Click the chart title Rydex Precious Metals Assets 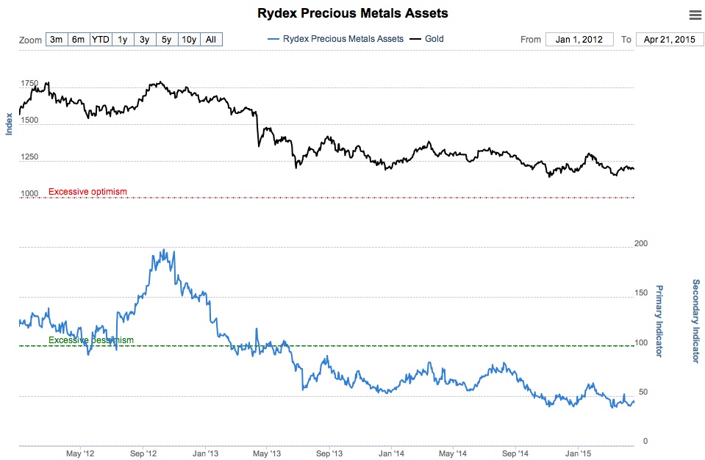352,13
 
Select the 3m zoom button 56,40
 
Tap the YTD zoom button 101,40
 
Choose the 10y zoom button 189,40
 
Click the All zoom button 211,40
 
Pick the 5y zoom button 167,40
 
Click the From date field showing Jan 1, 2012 579,40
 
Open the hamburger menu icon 695,15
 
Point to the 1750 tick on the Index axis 29,84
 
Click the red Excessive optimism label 87,192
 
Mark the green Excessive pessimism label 91,340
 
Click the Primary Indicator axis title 659,320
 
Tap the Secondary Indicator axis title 695,320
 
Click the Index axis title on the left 10,123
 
